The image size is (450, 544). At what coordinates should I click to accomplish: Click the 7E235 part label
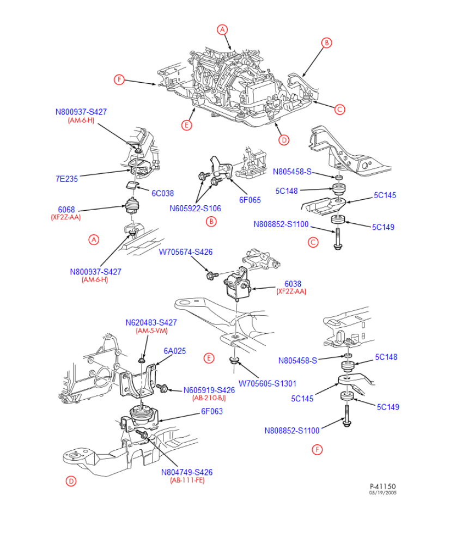tap(66, 178)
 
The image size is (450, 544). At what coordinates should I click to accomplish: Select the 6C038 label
tap(162, 193)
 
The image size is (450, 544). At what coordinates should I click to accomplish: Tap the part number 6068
tap(66, 209)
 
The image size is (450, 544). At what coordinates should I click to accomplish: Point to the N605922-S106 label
tap(195, 208)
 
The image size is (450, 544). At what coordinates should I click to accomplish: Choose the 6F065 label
tap(250, 200)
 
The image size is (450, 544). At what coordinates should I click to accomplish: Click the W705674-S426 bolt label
tap(186, 252)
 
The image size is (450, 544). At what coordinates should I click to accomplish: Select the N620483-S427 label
tap(151, 322)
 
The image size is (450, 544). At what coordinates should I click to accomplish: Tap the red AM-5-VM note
tap(151, 331)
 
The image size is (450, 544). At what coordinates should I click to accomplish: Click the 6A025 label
tap(175, 351)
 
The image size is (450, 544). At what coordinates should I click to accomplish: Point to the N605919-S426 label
tap(209, 390)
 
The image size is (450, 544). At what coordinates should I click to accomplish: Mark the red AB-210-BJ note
tap(209, 398)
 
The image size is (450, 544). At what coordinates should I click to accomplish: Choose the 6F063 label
tap(212, 412)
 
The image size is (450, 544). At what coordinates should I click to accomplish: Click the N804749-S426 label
tap(187, 472)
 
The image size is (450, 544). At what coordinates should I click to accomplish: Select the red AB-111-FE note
tap(187, 480)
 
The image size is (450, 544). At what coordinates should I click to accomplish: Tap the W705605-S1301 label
tap(267, 383)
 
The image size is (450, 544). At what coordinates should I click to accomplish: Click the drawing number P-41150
tap(382, 486)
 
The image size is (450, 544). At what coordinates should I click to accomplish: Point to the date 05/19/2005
tap(382, 492)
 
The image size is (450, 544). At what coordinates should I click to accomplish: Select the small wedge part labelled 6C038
tap(131, 185)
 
